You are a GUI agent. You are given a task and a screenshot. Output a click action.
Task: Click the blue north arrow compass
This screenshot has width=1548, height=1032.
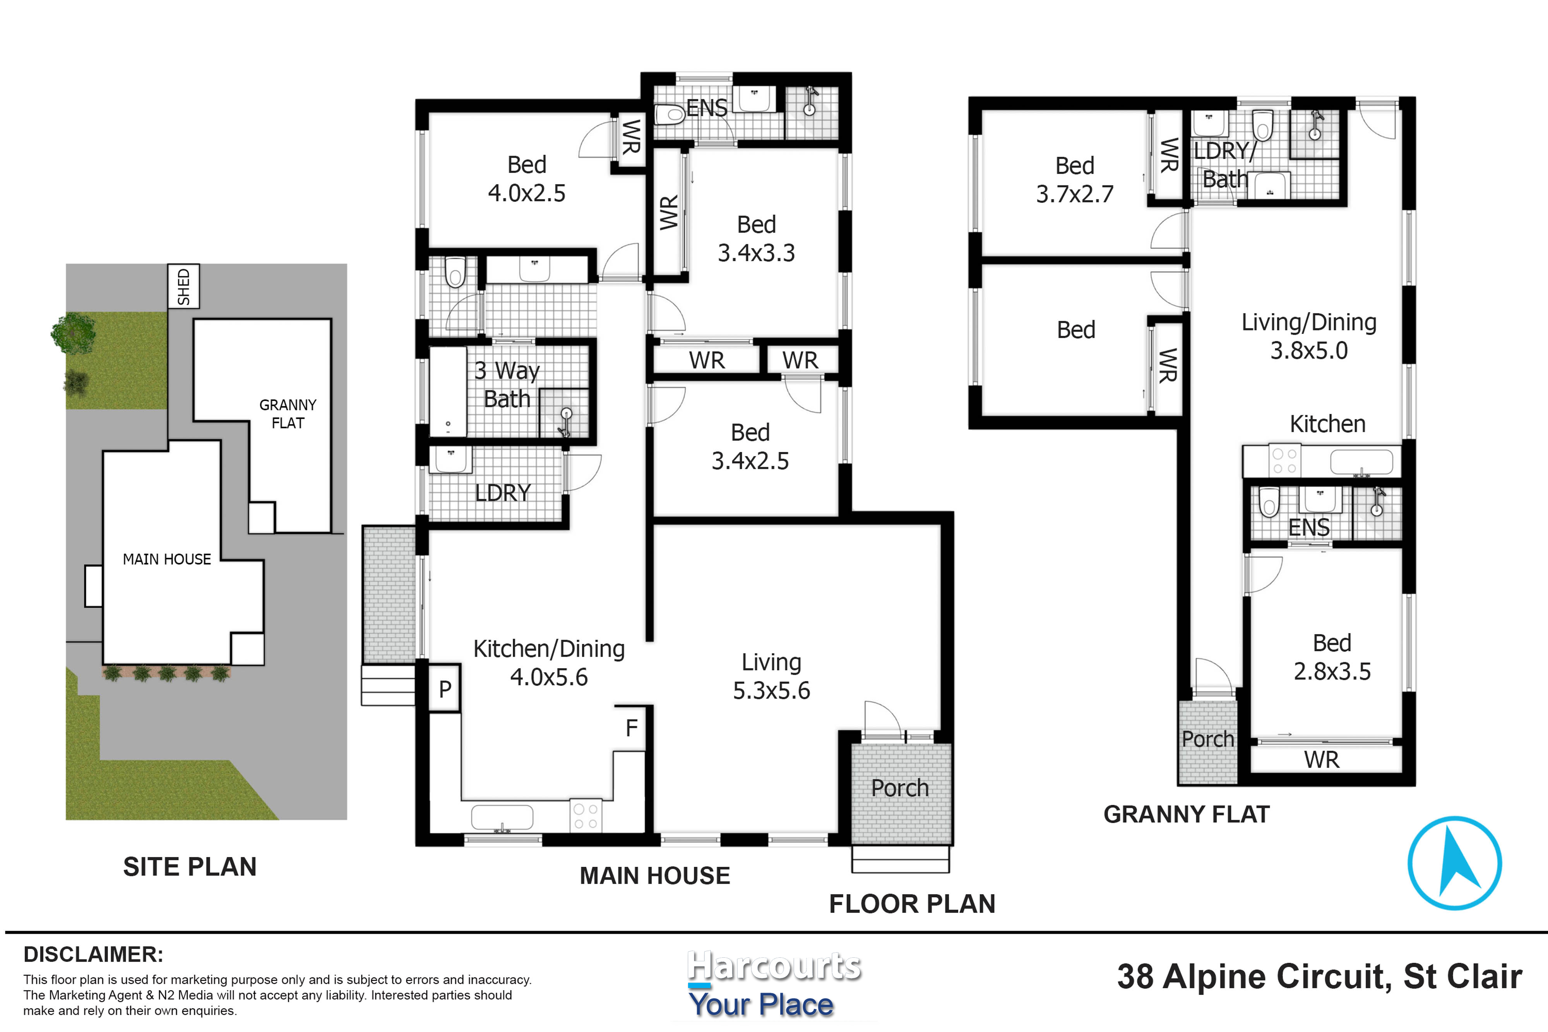1455,863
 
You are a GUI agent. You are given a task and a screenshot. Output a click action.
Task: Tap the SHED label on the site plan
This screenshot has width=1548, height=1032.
183,286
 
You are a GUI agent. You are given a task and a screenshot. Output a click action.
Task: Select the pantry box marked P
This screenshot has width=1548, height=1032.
445,688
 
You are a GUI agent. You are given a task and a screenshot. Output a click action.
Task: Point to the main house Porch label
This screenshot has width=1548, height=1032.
900,788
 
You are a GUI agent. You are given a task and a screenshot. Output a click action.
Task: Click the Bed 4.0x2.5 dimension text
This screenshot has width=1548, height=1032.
527,178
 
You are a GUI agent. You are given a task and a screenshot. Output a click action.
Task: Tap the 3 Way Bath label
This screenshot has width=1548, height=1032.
507,384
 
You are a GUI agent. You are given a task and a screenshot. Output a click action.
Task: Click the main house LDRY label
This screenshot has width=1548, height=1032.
503,492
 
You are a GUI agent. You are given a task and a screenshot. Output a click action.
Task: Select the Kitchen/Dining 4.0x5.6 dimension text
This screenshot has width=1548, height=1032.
549,663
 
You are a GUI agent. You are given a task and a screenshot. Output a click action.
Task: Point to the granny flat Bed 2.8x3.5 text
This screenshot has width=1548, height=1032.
1332,657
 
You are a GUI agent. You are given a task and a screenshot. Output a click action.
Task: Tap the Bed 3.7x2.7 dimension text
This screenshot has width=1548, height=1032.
1075,180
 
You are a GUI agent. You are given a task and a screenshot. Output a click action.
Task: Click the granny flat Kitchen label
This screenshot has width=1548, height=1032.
1327,424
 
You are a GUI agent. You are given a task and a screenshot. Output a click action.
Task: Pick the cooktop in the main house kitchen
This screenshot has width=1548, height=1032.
585,817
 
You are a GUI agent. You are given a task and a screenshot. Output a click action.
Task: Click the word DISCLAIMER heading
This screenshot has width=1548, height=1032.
93,954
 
